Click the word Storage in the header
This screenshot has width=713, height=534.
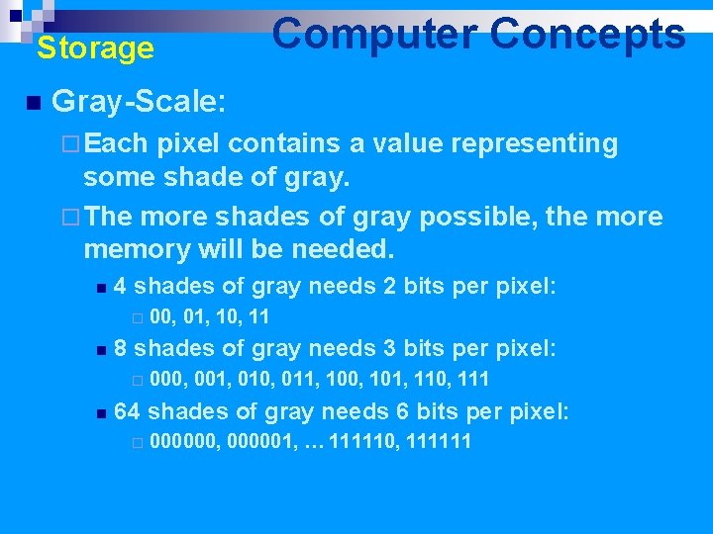click(95, 48)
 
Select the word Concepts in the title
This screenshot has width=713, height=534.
click(587, 35)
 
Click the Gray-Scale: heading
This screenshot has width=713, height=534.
click(139, 101)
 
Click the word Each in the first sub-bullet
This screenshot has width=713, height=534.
click(116, 144)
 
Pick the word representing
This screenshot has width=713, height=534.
click(535, 144)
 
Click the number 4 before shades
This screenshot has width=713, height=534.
click(120, 287)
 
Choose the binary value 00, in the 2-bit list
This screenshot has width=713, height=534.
click(164, 317)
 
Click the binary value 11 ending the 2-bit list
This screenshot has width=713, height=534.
click(258, 317)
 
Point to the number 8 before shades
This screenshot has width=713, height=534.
click(120, 348)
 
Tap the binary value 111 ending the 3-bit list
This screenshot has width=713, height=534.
click(472, 380)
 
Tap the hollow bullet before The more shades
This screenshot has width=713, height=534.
click(67, 218)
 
